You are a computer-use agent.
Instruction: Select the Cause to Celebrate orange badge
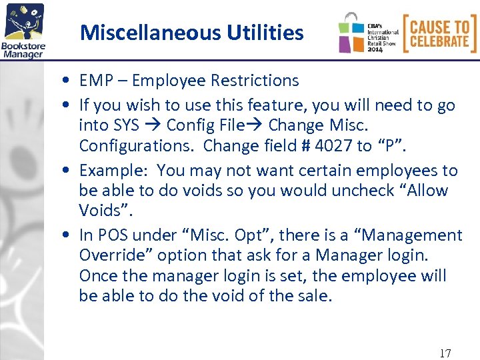click(439, 33)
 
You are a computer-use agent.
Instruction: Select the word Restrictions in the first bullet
click(255, 81)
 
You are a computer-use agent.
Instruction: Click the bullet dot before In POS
click(69, 236)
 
